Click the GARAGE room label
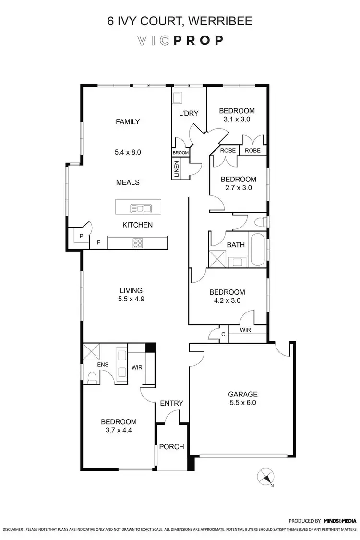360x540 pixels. pyautogui.click(x=243, y=394)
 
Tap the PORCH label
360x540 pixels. pyautogui.click(x=171, y=447)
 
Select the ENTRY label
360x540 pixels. pyautogui.click(x=171, y=403)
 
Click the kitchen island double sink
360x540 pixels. pyautogui.click(x=141, y=208)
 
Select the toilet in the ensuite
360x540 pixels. pyautogui.click(x=92, y=377)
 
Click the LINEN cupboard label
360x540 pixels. pyautogui.click(x=177, y=169)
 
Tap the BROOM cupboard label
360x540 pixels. pyautogui.click(x=180, y=153)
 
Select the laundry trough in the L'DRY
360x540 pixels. pyautogui.click(x=178, y=97)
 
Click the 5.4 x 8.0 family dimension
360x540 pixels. pyautogui.click(x=128, y=152)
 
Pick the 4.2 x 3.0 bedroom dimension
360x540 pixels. pyautogui.click(x=227, y=301)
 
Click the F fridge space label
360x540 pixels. pyautogui.click(x=99, y=243)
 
